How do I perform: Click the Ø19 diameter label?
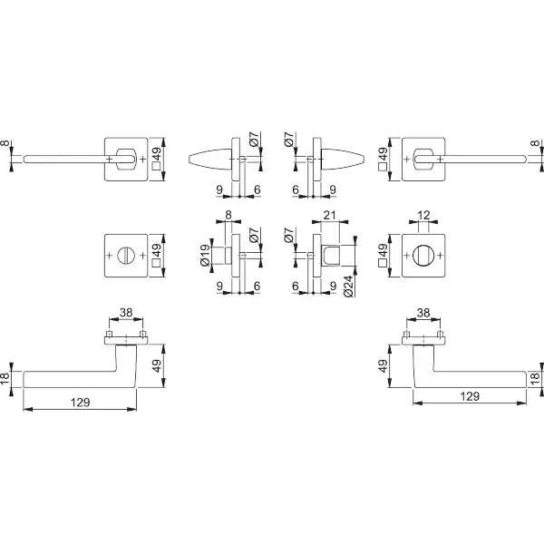(205, 256)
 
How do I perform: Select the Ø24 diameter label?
(348, 287)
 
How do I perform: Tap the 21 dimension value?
(329, 216)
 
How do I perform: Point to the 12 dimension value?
(423, 216)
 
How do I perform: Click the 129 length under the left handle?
(80, 402)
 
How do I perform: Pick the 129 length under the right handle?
(470, 396)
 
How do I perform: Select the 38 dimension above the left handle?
(126, 313)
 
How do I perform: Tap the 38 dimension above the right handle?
(423, 313)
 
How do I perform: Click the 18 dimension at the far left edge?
(5, 378)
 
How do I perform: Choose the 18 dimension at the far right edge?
(535, 378)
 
